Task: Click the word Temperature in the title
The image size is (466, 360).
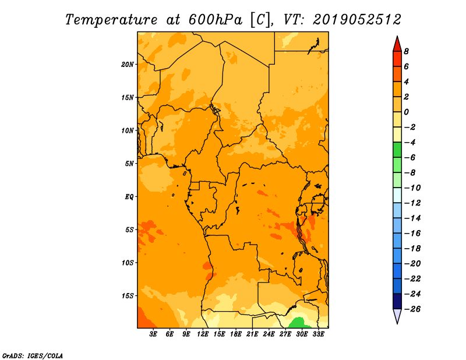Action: tap(111, 20)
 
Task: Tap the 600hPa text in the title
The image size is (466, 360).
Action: tap(215, 20)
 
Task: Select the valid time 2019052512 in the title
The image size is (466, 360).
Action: tap(357, 20)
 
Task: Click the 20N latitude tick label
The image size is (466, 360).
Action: tap(128, 65)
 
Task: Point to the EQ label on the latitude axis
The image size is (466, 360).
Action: tap(129, 197)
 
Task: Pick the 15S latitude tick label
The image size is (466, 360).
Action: tap(128, 296)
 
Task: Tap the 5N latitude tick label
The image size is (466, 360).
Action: tap(129, 164)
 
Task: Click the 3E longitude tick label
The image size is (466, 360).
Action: tap(153, 334)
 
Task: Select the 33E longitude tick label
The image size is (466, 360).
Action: tap(318, 334)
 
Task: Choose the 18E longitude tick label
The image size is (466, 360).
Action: tap(236, 334)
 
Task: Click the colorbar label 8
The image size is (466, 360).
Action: tap(406, 51)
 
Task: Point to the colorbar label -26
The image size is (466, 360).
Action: tap(412, 309)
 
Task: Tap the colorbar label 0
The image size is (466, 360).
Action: tap(406, 112)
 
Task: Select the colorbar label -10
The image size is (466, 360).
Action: tap(412, 188)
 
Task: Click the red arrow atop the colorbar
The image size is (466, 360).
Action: tap(397, 45)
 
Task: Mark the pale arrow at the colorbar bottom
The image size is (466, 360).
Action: tap(397, 315)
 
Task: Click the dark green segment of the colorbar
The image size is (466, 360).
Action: tap(397, 150)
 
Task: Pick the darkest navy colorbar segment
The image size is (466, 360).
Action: tap(397, 301)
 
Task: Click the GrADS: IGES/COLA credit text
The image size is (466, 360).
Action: tap(33, 355)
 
